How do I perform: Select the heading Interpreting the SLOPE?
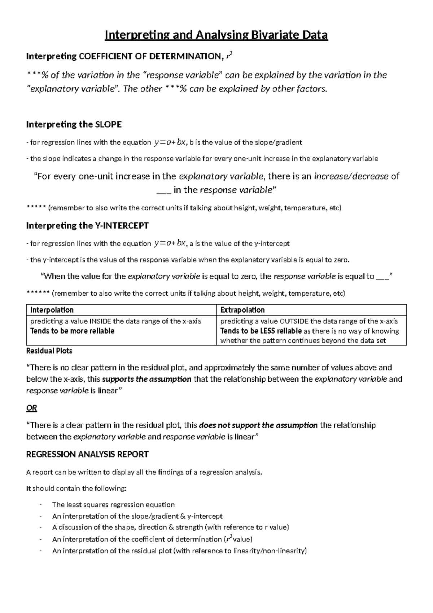[74, 125]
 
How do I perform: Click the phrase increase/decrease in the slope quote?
[351, 176]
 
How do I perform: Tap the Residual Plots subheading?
[49, 351]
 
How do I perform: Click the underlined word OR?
[31, 408]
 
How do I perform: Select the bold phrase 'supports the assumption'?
[147, 379]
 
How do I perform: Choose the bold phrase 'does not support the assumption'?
[258, 425]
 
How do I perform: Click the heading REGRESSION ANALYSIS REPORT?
[87, 454]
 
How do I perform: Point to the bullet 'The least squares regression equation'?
[113, 505]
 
